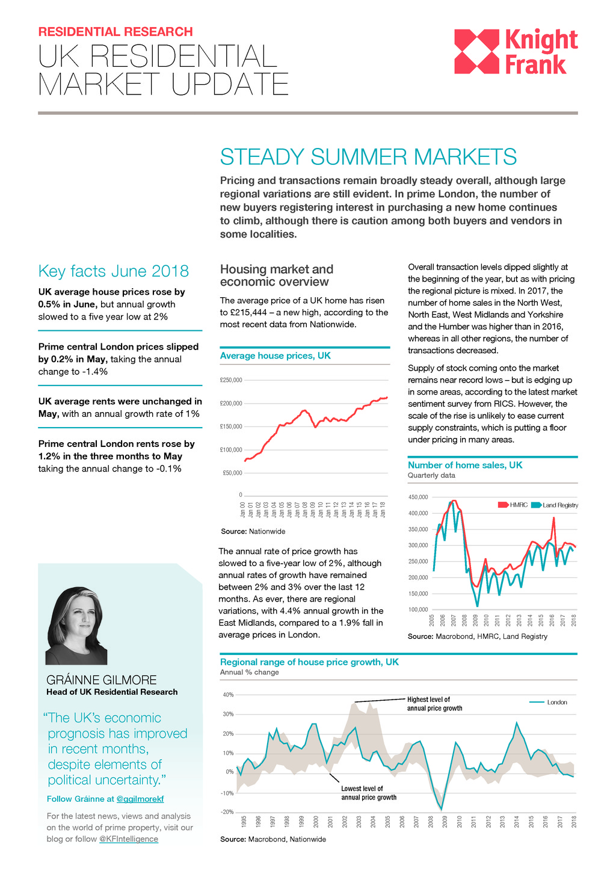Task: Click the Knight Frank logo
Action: tap(516, 52)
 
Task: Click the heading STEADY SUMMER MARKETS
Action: tap(368, 157)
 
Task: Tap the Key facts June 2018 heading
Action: tap(113, 271)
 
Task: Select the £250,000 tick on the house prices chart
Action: tap(231, 380)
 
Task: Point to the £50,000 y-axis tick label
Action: tap(232, 473)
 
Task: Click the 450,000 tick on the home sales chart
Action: tap(418, 497)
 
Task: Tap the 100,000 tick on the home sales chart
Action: tap(418, 610)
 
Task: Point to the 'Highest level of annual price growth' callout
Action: tap(434, 704)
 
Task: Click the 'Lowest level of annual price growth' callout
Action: tap(368, 793)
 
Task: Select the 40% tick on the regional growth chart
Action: tap(228, 695)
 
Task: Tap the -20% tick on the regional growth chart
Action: tap(227, 812)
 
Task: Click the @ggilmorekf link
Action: tap(140, 799)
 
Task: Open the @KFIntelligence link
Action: tap(129, 839)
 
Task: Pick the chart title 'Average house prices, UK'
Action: tap(276, 356)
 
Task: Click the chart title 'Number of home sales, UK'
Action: tap(465, 465)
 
